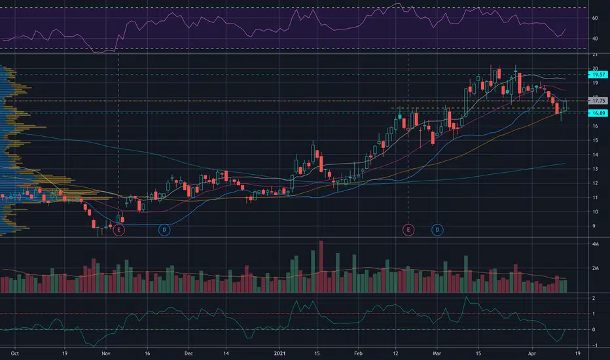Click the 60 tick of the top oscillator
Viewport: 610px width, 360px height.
594,18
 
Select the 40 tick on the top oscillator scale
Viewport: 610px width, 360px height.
594,39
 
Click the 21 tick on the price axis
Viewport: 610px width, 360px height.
594,54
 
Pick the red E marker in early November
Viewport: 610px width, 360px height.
119,230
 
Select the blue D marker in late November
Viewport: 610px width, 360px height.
164,230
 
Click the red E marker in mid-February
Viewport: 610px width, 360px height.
408,230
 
